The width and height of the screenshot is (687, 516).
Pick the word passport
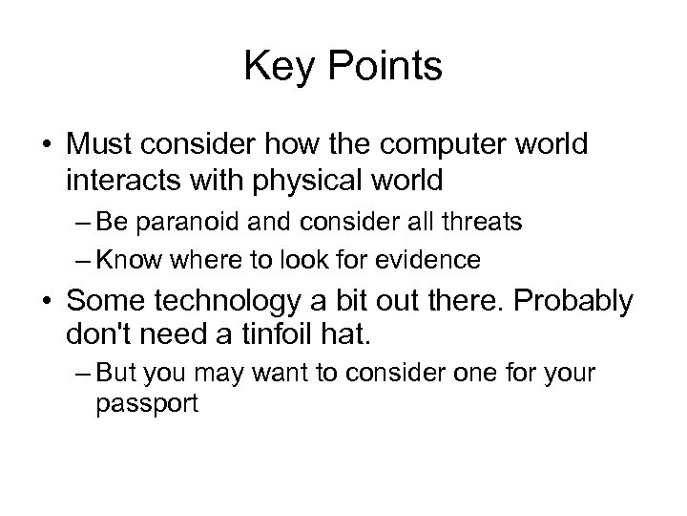[146, 403]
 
